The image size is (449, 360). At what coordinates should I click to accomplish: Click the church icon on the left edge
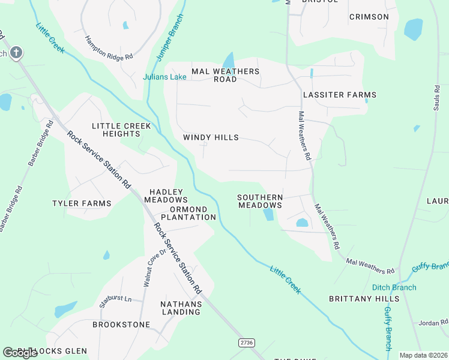point(16,53)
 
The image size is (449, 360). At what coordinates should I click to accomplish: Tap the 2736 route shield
point(246,343)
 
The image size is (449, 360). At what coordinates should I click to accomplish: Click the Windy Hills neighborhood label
point(211,137)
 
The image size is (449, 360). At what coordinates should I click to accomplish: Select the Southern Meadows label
point(260,201)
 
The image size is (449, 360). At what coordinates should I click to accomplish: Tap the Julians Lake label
point(164,77)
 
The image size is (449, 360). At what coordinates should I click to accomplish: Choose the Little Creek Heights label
point(116,130)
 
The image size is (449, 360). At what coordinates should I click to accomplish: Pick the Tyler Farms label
point(82,203)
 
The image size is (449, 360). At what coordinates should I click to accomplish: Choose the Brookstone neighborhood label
point(121,324)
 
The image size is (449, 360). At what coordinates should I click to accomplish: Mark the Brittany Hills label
point(364,298)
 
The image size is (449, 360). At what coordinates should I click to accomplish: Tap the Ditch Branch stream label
point(394,287)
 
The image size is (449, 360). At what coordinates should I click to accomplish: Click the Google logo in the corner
point(20,353)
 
